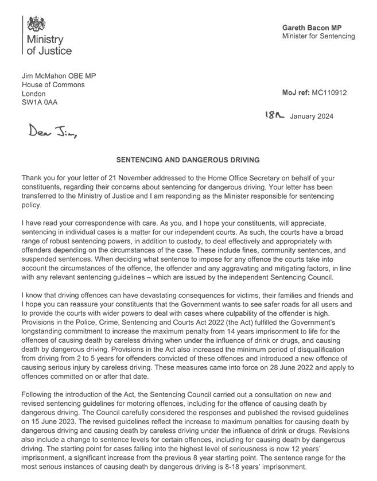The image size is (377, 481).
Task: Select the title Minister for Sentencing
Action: pyautogui.click(x=318, y=36)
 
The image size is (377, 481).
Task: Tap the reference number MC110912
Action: pyautogui.click(x=329, y=92)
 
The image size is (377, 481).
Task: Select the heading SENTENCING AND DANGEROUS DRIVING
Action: pyautogui.click(x=188, y=160)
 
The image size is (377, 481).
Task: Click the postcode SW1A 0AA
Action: pyautogui.click(x=40, y=103)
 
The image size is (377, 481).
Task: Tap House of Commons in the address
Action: pyautogui.click(x=53, y=84)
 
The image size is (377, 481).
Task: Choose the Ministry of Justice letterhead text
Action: pyautogui.click(x=49, y=45)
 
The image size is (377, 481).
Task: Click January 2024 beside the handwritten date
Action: pyautogui.click(x=312, y=117)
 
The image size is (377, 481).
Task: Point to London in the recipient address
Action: pyautogui.click(x=33, y=94)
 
